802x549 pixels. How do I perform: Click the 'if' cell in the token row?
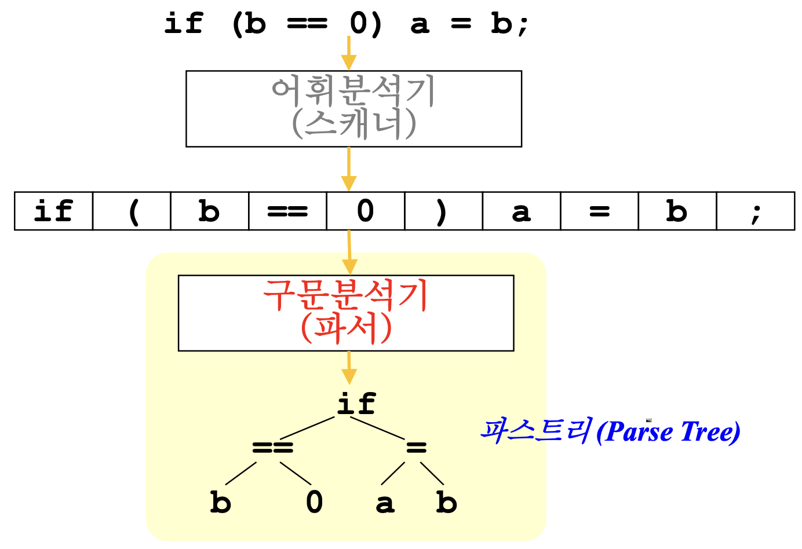pyautogui.click(x=53, y=211)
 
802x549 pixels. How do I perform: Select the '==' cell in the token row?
pyautogui.click(x=287, y=211)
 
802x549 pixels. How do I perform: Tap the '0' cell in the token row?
pyautogui.click(x=366, y=211)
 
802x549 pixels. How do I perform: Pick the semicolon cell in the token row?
pyautogui.click(x=755, y=211)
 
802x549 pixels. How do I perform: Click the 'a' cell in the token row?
pyautogui.click(x=522, y=211)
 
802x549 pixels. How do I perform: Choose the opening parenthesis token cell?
pyautogui.click(x=132, y=211)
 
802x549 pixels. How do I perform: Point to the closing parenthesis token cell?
pyautogui.click(x=443, y=211)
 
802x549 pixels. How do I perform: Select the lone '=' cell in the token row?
pyautogui.click(x=599, y=211)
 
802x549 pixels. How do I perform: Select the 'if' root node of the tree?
pyautogui.click(x=356, y=404)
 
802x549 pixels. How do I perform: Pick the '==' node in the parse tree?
pyautogui.click(x=273, y=447)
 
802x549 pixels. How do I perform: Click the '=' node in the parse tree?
pyautogui.click(x=416, y=447)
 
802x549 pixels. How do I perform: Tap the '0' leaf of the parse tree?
pyautogui.click(x=314, y=502)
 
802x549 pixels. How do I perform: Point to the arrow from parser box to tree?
pyautogui.click(x=348, y=367)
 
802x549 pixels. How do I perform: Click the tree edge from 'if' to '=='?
pyautogui.click(x=307, y=428)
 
